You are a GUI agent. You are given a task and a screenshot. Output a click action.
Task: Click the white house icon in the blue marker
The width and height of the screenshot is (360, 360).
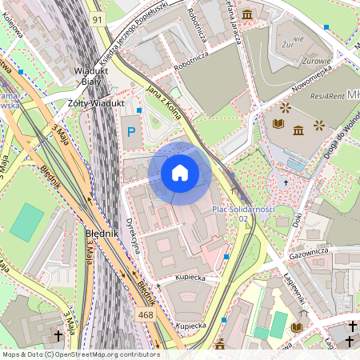(179, 173)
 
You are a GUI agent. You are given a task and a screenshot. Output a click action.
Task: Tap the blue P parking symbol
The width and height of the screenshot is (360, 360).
(130, 131)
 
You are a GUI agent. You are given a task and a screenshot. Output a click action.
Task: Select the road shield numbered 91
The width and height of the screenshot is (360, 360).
(97, 18)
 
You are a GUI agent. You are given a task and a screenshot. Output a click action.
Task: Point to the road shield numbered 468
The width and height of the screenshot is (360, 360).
(146, 294)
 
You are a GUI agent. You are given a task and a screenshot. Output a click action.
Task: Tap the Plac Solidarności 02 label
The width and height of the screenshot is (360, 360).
(243, 214)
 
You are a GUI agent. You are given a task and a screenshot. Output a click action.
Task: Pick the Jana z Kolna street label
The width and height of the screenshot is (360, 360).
(166, 101)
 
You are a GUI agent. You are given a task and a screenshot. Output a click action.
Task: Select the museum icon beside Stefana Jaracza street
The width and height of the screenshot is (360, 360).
(247, 14)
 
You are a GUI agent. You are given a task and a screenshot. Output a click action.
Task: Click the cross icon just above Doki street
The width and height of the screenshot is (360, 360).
(286, 182)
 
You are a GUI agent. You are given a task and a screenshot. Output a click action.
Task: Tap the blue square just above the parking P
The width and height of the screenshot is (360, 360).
(139, 110)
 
